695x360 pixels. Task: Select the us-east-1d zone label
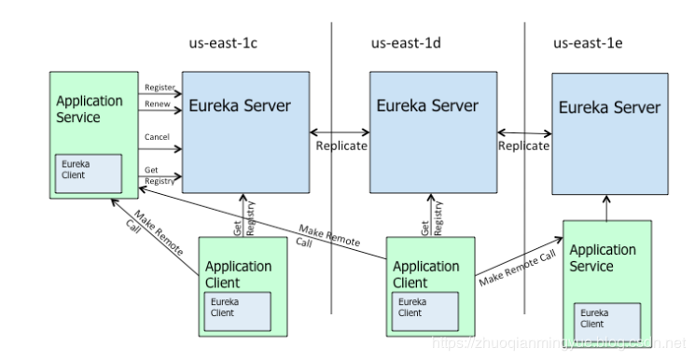click(407, 43)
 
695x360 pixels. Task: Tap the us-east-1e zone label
click(590, 43)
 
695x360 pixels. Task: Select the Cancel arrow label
click(156, 137)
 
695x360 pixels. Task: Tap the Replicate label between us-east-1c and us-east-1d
click(341, 146)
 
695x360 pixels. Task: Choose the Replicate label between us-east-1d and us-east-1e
click(523, 146)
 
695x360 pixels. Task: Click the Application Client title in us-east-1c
click(238, 274)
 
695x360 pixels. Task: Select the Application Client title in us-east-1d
click(426, 274)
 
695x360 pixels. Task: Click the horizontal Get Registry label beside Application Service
click(159, 176)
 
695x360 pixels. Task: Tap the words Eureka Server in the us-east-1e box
click(609, 108)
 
